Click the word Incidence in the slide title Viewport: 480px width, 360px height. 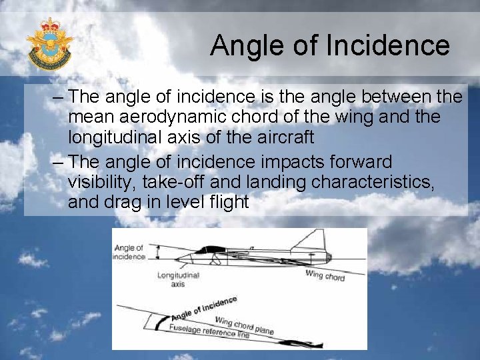(388, 46)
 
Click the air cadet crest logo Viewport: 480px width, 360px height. (49, 45)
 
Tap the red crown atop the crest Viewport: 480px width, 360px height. (49, 26)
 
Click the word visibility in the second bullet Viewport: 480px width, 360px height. (99, 182)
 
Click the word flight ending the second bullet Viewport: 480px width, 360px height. (226, 202)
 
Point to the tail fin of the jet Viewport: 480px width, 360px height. (317, 241)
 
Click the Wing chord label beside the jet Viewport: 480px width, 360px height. (325, 275)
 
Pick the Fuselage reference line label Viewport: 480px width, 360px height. (209, 331)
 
